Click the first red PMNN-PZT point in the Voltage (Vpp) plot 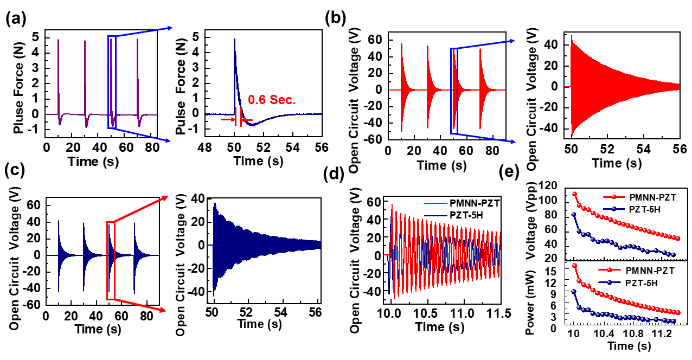coord(574,194)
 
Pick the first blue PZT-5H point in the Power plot coord(574,292)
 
